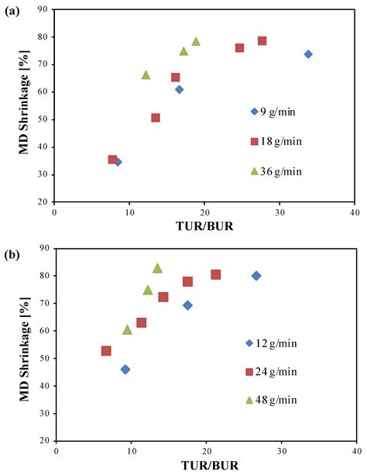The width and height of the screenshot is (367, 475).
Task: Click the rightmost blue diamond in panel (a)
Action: tap(308, 54)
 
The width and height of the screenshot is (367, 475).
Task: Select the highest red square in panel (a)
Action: tap(262, 40)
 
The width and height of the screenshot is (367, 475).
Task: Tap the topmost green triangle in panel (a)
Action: tap(196, 42)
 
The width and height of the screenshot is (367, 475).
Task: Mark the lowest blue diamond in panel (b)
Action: tap(125, 370)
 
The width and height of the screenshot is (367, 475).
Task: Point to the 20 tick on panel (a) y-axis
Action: tap(45, 201)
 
